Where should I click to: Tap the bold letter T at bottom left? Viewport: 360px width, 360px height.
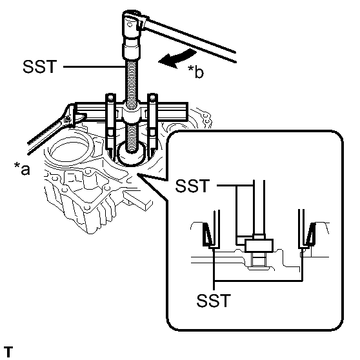pos(7,350)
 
